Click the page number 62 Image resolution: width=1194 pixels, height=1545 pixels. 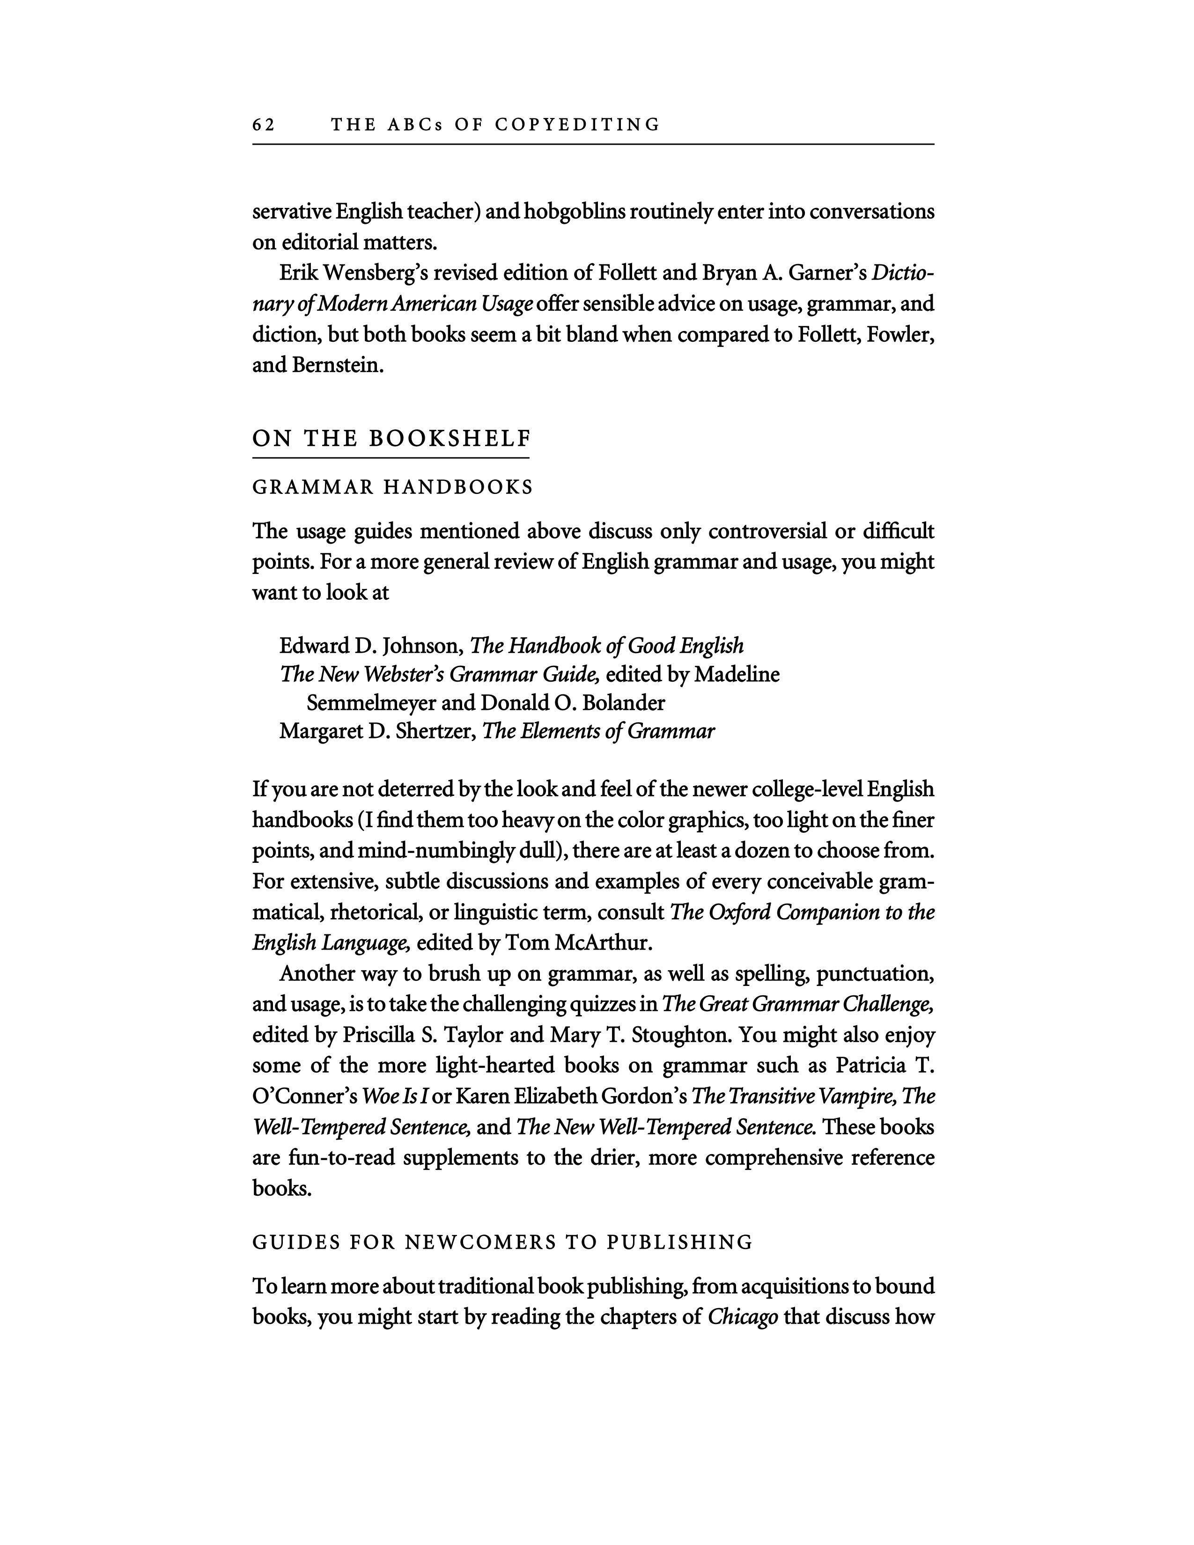(x=263, y=125)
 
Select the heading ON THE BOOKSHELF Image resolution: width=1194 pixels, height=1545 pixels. (x=391, y=439)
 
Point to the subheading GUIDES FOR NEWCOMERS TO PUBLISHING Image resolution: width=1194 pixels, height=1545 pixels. (x=502, y=1243)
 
